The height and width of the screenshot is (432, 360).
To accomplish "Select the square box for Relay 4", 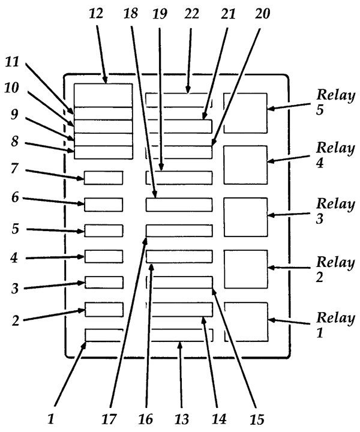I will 245,164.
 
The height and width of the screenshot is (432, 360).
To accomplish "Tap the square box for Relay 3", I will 245,217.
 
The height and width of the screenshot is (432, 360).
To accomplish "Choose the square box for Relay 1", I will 245,321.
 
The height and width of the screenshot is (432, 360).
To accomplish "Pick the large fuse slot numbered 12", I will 103,95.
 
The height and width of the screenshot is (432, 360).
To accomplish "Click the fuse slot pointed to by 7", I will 103,178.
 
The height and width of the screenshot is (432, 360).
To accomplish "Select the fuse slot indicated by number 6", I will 103,204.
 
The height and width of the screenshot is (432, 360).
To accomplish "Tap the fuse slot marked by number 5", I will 103,230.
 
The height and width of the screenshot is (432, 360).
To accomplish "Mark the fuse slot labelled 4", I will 103,256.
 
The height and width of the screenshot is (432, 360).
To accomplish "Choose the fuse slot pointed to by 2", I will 103,309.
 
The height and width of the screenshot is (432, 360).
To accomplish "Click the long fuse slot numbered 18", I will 179,205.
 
